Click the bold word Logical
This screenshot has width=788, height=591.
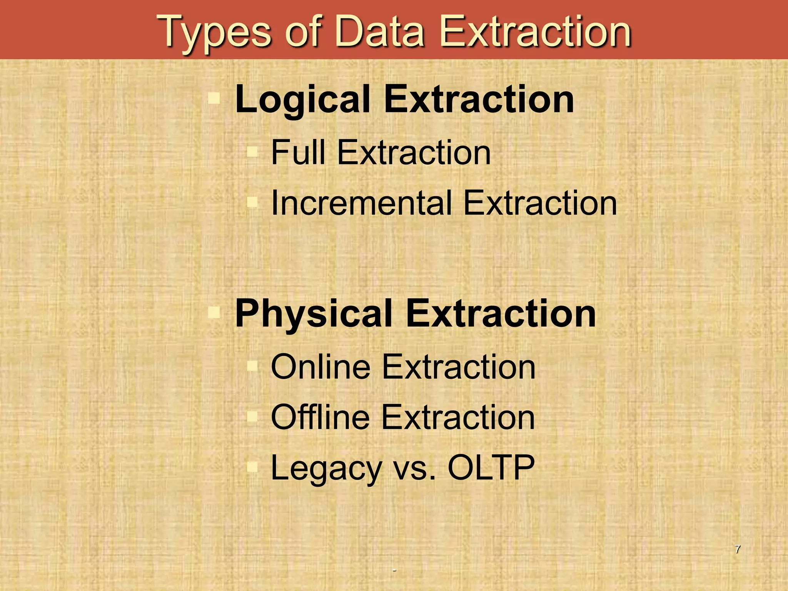point(302,100)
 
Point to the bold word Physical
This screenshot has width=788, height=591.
point(314,314)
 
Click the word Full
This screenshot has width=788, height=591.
point(298,152)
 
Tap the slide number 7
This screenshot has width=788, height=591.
point(737,549)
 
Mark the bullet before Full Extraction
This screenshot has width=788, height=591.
point(252,152)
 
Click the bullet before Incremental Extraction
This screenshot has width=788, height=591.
point(252,202)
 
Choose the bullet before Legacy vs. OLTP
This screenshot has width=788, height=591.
point(252,467)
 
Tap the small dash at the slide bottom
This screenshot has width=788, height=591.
point(394,570)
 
